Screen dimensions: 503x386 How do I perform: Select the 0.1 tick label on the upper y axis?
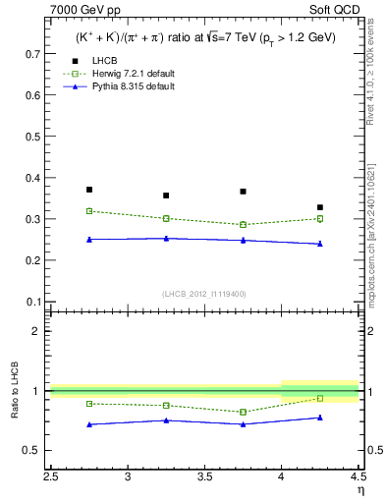[x=31, y=302]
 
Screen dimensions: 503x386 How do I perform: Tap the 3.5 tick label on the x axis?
[x=204, y=476]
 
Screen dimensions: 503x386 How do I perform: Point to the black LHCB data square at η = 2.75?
[x=89, y=190]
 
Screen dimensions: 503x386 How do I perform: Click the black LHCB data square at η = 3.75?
[x=243, y=192]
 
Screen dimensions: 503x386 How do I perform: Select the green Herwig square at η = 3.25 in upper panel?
[x=166, y=218]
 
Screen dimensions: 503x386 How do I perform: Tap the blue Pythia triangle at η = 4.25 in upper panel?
[x=319, y=244]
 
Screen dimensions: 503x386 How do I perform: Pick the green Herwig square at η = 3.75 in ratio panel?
[x=243, y=412]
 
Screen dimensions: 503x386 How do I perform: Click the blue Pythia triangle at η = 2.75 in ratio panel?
[x=89, y=424]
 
